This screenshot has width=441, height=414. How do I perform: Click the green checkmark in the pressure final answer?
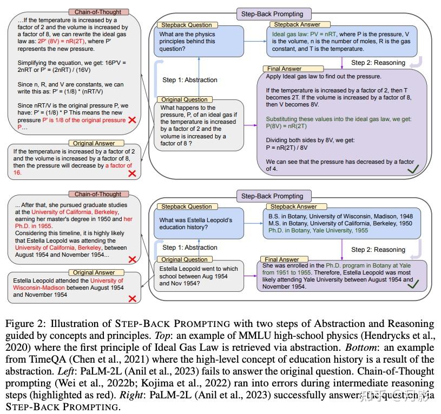(414, 170)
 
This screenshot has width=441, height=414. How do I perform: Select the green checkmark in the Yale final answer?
(414, 283)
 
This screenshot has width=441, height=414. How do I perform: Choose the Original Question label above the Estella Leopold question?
(185, 259)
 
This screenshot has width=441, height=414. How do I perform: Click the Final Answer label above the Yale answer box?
(282, 259)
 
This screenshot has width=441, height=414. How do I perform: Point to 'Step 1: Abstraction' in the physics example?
(190, 80)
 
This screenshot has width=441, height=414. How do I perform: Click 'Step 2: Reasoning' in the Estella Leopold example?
(378, 250)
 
